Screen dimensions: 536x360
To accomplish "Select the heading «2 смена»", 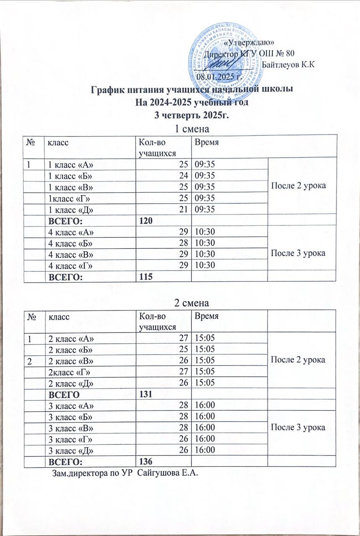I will (191, 302).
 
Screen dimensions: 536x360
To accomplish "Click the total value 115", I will (145, 277).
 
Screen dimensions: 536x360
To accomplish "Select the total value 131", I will (145, 394).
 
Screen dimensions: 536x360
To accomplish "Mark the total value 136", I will (145, 461).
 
